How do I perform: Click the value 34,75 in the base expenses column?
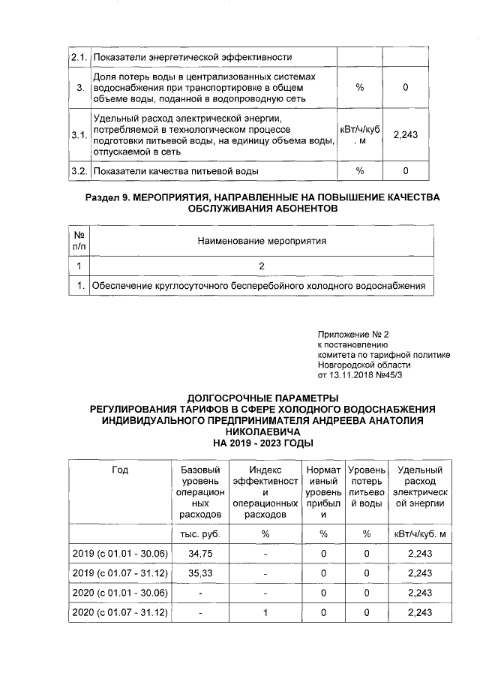click(198, 553)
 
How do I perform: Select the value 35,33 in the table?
click(198, 573)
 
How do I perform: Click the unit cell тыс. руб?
click(198, 533)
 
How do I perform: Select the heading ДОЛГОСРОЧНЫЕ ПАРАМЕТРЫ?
click(262, 398)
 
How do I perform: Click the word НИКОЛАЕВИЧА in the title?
click(262, 432)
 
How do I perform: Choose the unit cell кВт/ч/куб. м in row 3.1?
click(359, 135)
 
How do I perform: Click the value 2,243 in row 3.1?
click(405, 135)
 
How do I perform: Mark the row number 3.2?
click(79, 171)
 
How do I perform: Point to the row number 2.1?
click(79, 57)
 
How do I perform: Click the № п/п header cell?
click(79, 241)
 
